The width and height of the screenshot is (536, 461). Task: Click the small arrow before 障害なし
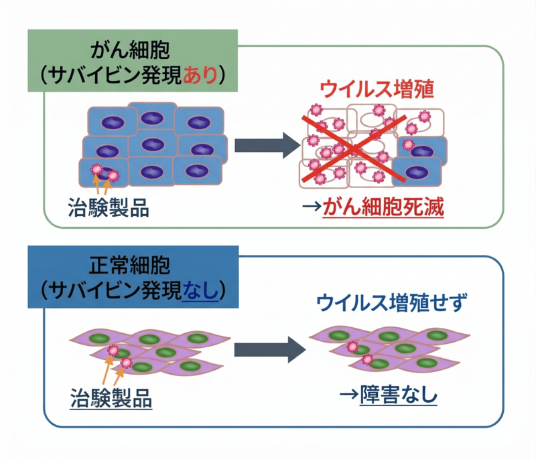click(x=348, y=395)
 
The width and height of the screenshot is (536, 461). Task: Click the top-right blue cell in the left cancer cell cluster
click(x=198, y=122)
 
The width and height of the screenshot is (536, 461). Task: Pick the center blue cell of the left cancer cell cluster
click(x=153, y=145)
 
